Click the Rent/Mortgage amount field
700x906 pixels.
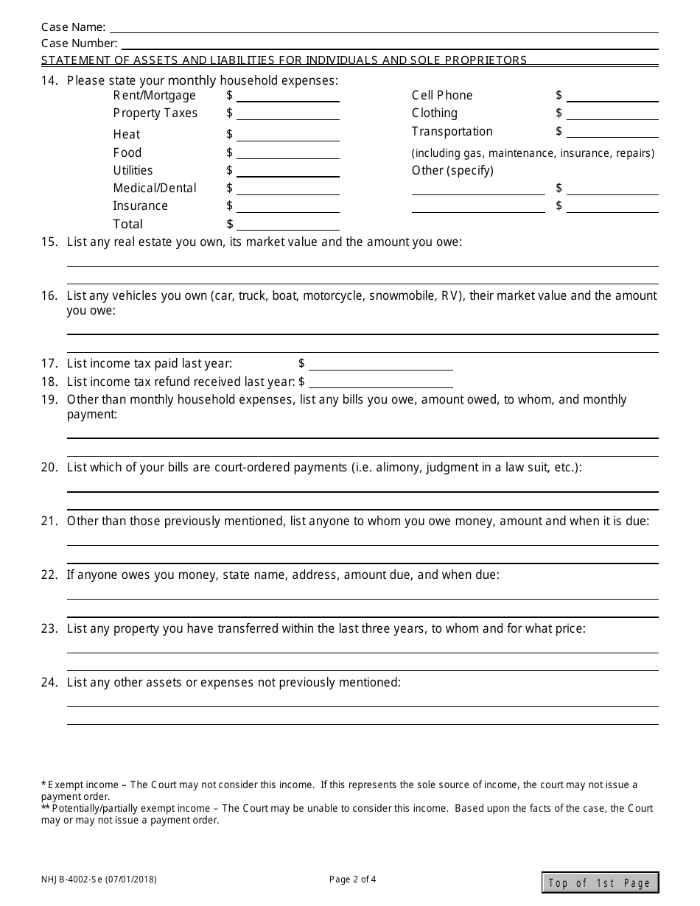pyautogui.click(x=287, y=96)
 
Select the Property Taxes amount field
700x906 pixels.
pyautogui.click(x=287, y=113)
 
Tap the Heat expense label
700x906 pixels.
pyautogui.click(x=127, y=134)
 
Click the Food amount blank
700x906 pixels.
pyautogui.click(x=287, y=152)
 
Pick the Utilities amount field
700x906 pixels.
pyautogui.click(x=287, y=170)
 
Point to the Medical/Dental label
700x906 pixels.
pyautogui.click(x=155, y=188)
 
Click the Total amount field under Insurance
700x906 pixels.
pyautogui.click(x=287, y=224)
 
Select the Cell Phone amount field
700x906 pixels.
pyautogui.click(x=612, y=96)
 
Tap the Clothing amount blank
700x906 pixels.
pyautogui.click(x=612, y=113)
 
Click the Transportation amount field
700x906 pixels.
pyautogui.click(x=612, y=132)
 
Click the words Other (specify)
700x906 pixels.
pyautogui.click(x=452, y=170)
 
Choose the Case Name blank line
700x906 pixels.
pyautogui.click(x=383, y=27)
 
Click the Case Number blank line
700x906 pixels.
pyautogui.click(x=388, y=43)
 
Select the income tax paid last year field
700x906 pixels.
pyautogui.click(x=381, y=364)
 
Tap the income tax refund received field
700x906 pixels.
pyautogui.click(x=381, y=382)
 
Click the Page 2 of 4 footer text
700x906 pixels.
pyautogui.click(x=353, y=879)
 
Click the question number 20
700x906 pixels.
pyautogui.click(x=49, y=468)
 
